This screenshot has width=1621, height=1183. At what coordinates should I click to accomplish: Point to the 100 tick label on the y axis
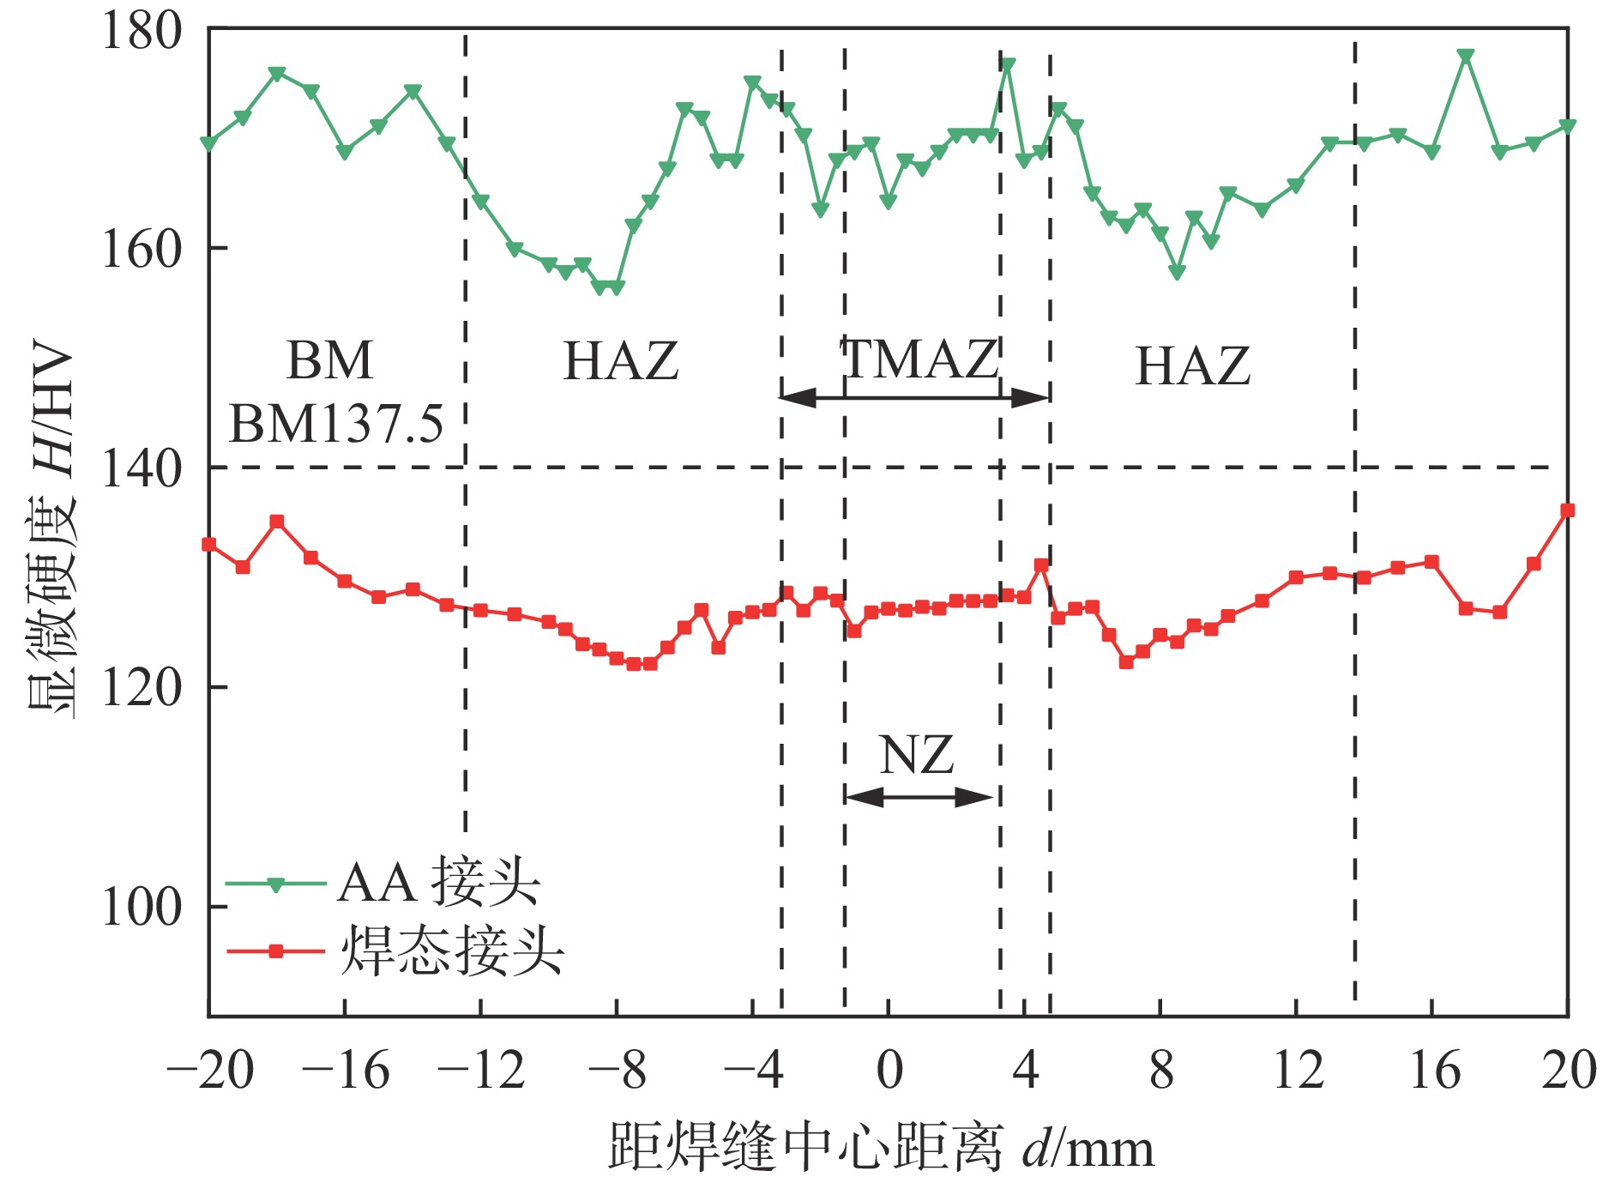[142, 907]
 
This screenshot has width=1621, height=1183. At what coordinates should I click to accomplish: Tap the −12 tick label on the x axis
[480, 1071]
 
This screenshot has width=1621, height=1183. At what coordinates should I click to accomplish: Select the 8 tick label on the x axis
[1161, 1071]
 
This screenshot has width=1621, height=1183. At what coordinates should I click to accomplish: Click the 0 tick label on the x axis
[889, 1071]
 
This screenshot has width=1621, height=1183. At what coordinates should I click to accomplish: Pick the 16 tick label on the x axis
[1434, 1071]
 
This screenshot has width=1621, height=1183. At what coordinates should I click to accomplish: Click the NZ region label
[917, 756]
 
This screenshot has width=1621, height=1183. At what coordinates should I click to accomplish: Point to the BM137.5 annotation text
[336, 423]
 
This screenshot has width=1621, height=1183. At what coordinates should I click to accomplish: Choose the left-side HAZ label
[620, 361]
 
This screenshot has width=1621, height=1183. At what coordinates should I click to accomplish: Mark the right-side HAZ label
[1192, 366]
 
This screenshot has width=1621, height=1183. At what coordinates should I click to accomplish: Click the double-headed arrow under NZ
[919, 797]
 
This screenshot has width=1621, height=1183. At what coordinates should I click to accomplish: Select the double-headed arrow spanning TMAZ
[914, 397]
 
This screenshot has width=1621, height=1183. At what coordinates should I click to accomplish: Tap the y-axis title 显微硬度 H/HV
[51, 532]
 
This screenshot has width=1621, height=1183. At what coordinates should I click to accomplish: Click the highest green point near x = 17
[1466, 57]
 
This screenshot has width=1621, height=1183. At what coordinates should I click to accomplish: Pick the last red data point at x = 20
[1567, 510]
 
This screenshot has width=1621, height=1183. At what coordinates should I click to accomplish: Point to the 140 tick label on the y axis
[142, 468]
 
